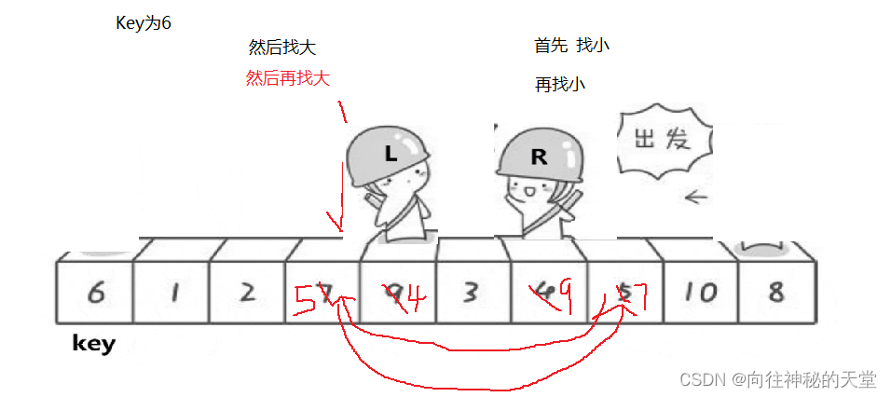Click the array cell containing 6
tap(94, 293)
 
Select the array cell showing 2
tap(247, 293)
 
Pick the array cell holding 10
tap(699, 293)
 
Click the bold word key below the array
tap(94, 344)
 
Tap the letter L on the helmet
tap(391, 156)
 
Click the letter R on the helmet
tap(539, 157)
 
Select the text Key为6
tap(143, 23)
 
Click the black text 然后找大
tap(289, 48)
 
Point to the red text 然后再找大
tap(288, 78)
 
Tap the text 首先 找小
tap(571, 45)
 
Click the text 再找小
tap(559, 85)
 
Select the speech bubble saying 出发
tap(662, 141)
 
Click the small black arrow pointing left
tap(695, 197)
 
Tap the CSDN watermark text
tap(777, 379)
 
